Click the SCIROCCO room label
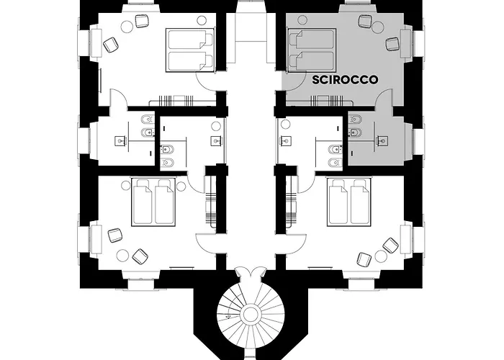pyautogui.click(x=346, y=81)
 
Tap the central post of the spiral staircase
pyautogui.click(x=252, y=315)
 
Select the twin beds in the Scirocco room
pyautogui.click(x=312, y=50)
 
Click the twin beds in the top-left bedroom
pyautogui.click(x=191, y=50)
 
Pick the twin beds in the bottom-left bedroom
pyautogui.click(x=153, y=202)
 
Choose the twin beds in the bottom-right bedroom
pyautogui.click(x=350, y=202)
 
